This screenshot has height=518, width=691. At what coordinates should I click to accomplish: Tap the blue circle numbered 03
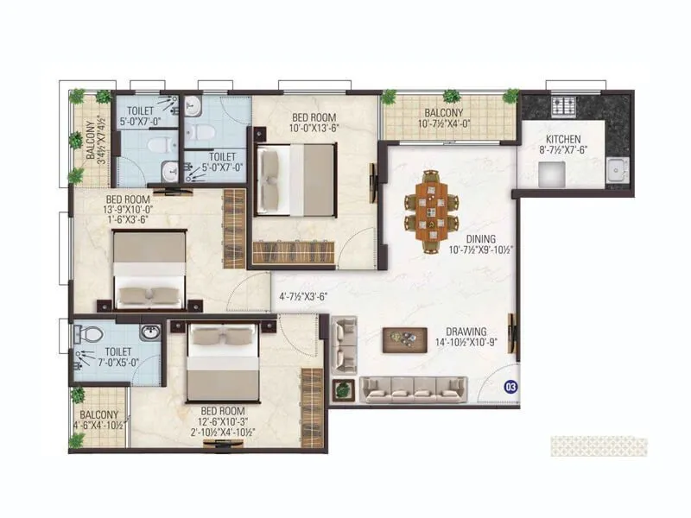coord(510,386)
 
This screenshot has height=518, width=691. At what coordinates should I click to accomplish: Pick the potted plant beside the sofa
coord(344,388)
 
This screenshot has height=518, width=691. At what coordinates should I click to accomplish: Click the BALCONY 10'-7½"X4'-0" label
coord(443,118)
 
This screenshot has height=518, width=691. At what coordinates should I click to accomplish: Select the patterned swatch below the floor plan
coord(599,445)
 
